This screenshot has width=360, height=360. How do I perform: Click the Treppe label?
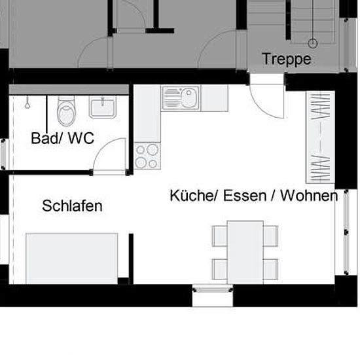pyautogui.click(x=287, y=59)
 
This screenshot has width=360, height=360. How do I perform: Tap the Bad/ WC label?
pyautogui.click(x=62, y=138)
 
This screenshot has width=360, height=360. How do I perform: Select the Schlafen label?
pyautogui.click(x=72, y=206)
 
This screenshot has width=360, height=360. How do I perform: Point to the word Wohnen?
pyautogui.click(x=309, y=196)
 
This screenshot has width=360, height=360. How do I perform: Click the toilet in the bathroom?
pyautogui.click(x=66, y=111)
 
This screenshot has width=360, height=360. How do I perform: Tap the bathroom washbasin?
pyautogui.click(x=103, y=107)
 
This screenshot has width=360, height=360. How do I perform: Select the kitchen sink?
pyautogui.click(x=181, y=98)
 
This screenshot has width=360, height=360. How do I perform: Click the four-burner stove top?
pyautogui.click(x=147, y=156)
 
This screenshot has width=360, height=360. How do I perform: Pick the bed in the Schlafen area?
pyautogui.click(x=72, y=259)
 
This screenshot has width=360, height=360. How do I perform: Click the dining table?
pyautogui.click(x=245, y=252)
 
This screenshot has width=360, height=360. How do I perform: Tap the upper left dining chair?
pyautogui.click(x=220, y=236)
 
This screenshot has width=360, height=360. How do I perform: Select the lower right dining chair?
pyautogui.click(x=271, y=269)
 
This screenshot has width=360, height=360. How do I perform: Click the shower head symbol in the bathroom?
pyautogui.click(x=27, y=103)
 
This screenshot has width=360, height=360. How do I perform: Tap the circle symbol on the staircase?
pyautogui.click(x=312, y=43)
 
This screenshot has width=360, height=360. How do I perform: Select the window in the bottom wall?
pyautogui.click(x=213, y=289)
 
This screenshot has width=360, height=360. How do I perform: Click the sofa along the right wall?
pyautogui.click(x=320, y=137)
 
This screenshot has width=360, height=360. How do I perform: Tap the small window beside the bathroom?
pyautogui.click(x=3, y=154)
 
